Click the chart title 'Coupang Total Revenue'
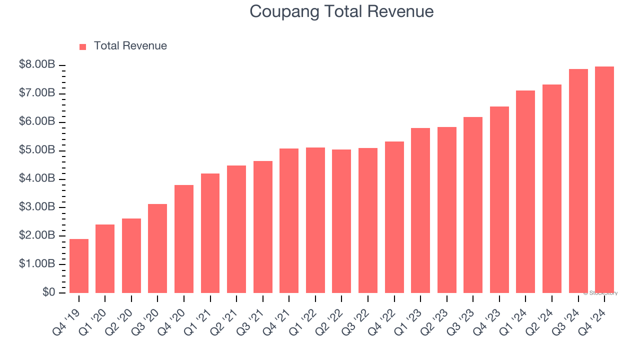(x=341, y=11)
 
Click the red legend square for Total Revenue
(x=83, y=46)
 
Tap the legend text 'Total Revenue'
(x=130, y=46)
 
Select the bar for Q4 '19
(x=79, y=266)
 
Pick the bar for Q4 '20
(x=184, y=239)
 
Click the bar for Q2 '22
(x=341, y=221)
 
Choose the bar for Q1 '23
(x=420, y=210)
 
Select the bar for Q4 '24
(x=604, y=180)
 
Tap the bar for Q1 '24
(x=525, y=191)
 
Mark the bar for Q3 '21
(x=263, y=227)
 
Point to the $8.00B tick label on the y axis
(x=37, y=65)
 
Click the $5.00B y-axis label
(x=37, y=150)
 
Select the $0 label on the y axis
(x=48, y=292)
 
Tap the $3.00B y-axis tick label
(x=37, y=207)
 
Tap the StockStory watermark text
(x=600, y=293)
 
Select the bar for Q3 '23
(x=473, y=205)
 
